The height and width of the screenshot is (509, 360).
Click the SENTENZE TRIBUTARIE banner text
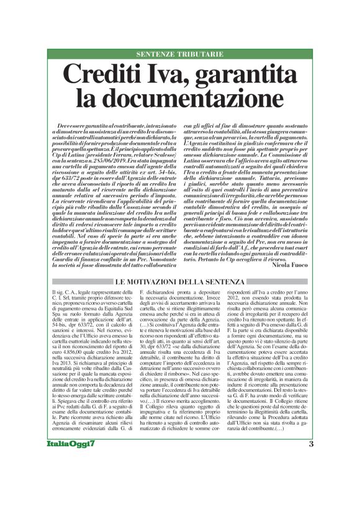coord(179,55)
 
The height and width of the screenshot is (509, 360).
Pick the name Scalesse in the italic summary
coord(162,153)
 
